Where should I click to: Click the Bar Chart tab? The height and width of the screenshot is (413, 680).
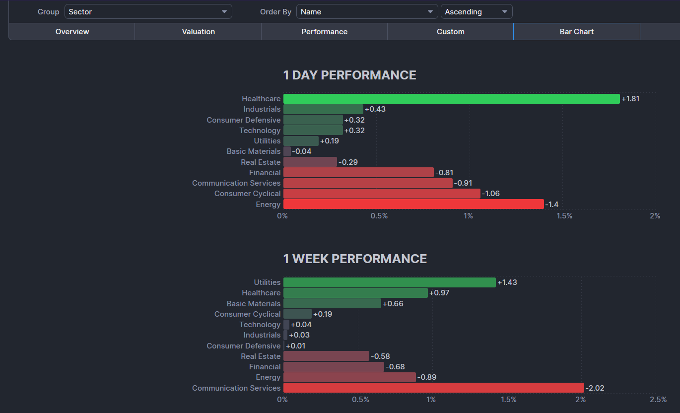[576, 32]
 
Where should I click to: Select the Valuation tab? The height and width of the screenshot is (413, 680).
[198, 32]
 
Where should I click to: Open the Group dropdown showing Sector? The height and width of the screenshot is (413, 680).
[148, 11]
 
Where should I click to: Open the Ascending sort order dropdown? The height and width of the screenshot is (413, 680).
[476, 11]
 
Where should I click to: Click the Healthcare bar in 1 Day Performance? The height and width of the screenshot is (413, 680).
[451, 99]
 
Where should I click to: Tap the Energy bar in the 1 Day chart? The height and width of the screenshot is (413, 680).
[413, 205]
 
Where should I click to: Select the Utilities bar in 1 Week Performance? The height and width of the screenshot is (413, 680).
[389, 282]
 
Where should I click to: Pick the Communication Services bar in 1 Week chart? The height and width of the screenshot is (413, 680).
[433, 388]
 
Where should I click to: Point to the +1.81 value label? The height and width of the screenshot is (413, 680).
[630, 99]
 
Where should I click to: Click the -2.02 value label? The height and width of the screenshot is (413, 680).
[595, 388]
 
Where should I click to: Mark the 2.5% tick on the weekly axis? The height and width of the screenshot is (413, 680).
[658, 400]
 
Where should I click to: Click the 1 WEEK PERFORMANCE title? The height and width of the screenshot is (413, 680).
[355, 259]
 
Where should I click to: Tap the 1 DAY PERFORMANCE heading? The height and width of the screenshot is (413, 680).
[349, 75]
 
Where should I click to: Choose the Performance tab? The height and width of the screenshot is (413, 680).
[324, 32]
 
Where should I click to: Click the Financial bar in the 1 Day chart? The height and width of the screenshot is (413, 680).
[358, 173]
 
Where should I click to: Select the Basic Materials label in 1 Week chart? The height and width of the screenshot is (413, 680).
[254, 304]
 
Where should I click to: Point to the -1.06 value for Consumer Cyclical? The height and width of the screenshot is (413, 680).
[491, 194]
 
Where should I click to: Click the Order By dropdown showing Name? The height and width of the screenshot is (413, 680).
[367, 11]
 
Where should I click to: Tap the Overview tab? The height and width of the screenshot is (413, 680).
[72, 32]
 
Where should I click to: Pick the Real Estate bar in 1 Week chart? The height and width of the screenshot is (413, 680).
[326, 356]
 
